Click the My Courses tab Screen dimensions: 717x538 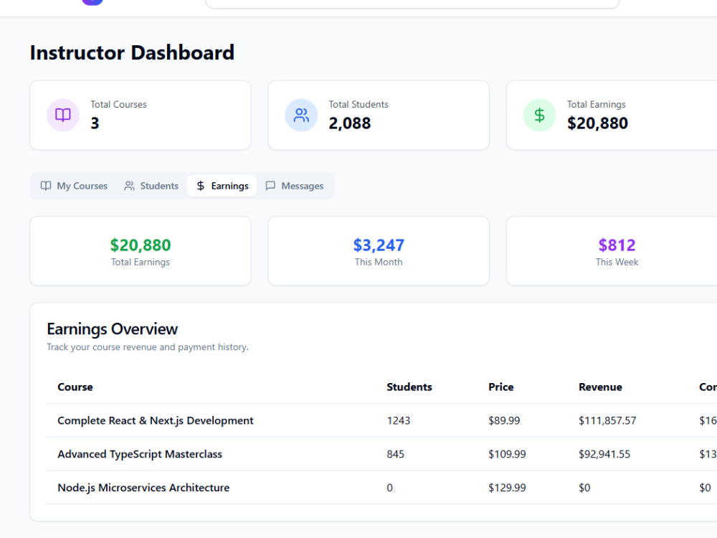(x=74, y=186)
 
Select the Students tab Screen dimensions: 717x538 (x=151, y=186)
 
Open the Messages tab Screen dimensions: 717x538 (x=295, y=186)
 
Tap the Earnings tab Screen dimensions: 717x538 (x=222, y=186)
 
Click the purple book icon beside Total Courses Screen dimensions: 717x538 (x=63, y=115)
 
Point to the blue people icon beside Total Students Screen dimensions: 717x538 (x=301, y=115)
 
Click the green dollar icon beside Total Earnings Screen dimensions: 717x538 (x=540, y=115)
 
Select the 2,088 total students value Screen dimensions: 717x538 (x=350, y=123)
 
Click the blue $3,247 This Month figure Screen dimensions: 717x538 (x=379, y=245)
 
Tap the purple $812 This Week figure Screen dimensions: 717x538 (x=617, y=245)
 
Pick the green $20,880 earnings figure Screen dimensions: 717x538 (x=141, y=245)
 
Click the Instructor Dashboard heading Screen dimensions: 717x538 (x=132, y=52)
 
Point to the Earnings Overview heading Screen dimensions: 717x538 (x=112, y=329)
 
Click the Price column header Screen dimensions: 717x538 (x=500, y=387)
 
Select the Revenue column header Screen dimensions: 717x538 (x=600, y=387)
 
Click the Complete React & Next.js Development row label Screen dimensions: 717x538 (x=156, y=420)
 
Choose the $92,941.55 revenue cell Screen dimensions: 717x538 (x=604, y=454)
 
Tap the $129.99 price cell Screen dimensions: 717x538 (x=507, y=488)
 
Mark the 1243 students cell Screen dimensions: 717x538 (x=398, y=420)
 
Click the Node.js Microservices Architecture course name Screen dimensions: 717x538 (x=143, y=488)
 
